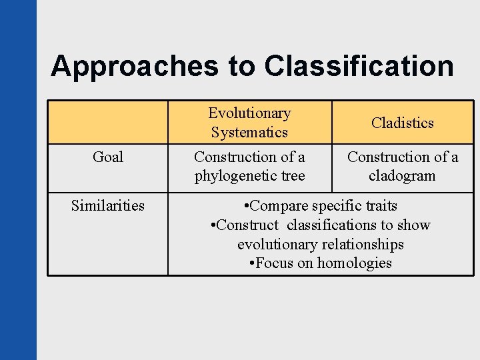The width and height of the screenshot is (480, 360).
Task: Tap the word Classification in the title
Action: [359, 66]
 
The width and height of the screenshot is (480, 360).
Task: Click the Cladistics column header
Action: [403, 123]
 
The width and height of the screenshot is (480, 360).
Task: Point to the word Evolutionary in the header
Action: [249, 113]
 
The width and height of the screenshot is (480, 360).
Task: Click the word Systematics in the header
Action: [249, 132]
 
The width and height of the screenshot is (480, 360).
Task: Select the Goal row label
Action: [108, 157]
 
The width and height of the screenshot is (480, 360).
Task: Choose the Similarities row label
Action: [108, 205]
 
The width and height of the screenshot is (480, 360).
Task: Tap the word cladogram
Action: [402, 176]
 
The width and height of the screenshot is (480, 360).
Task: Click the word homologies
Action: [355, 263]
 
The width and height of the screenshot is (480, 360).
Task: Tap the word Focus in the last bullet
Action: [275, 263]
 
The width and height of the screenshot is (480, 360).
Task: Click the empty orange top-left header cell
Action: [108, 123]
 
